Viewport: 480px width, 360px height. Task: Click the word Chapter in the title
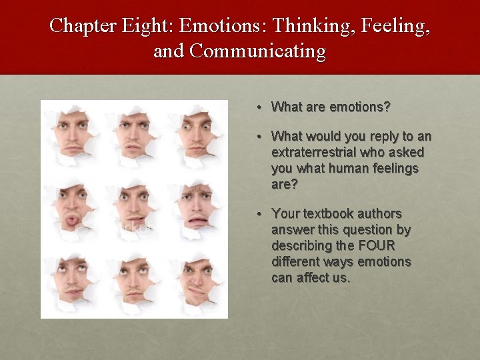[83, 25]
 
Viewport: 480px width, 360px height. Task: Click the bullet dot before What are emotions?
[263, 107]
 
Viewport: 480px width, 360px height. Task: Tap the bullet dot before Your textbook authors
[263, 214]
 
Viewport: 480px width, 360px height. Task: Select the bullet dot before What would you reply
[263, 137]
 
